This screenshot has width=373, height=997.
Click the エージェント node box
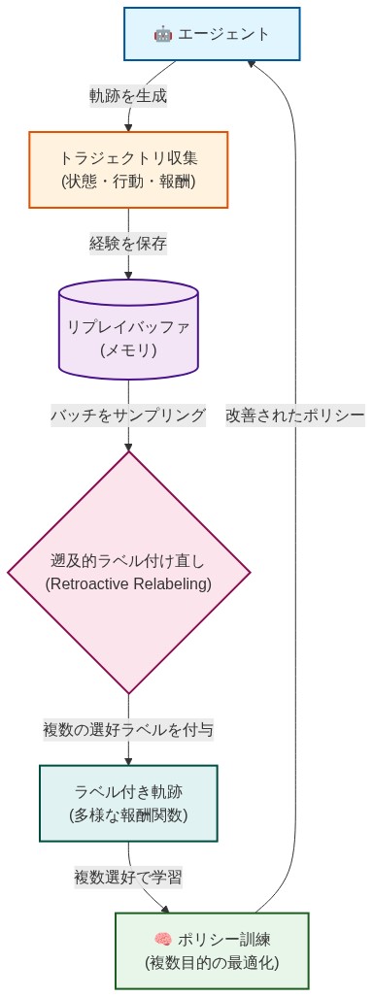pyautogui.click(x=211, y=34)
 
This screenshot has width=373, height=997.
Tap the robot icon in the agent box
pyautogui.click(x=162, y=35)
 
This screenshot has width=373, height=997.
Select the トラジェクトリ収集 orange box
pyautogui.click(x=128, y=169)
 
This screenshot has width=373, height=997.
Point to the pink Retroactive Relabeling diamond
pyautogui.click(x=128, y=572)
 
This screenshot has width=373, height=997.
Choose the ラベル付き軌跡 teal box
pyautogui.click(x=128, y=802)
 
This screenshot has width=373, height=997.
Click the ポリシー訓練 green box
pyautogui.click(x=211, y=950)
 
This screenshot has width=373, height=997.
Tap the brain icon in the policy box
pyautogui.click(x=162, y=939)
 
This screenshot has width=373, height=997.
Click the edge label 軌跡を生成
pyautogui.click(x=128, y=96)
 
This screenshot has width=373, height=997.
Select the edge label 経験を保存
pyautogui.click(x=128, y=244)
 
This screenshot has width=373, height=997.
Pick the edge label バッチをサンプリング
pyautogui.click(x=128, y=415)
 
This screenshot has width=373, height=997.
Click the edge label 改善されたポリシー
pyautogui.click(x=295, y=415)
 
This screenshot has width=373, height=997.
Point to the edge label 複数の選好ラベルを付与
pyautogui.click(x=128, y=729)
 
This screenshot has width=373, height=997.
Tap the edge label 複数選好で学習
pyautogui.click(x=128, y=877)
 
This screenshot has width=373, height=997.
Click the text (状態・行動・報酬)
pyautogui.click(x=128, y=181)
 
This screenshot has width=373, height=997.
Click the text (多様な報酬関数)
pyautogui.click(x=128, y=814)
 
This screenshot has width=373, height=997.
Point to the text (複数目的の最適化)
pyautogui.click(x=211, y=963)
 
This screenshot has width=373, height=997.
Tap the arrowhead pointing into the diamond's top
pyautogui.click(x=128, y=446)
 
